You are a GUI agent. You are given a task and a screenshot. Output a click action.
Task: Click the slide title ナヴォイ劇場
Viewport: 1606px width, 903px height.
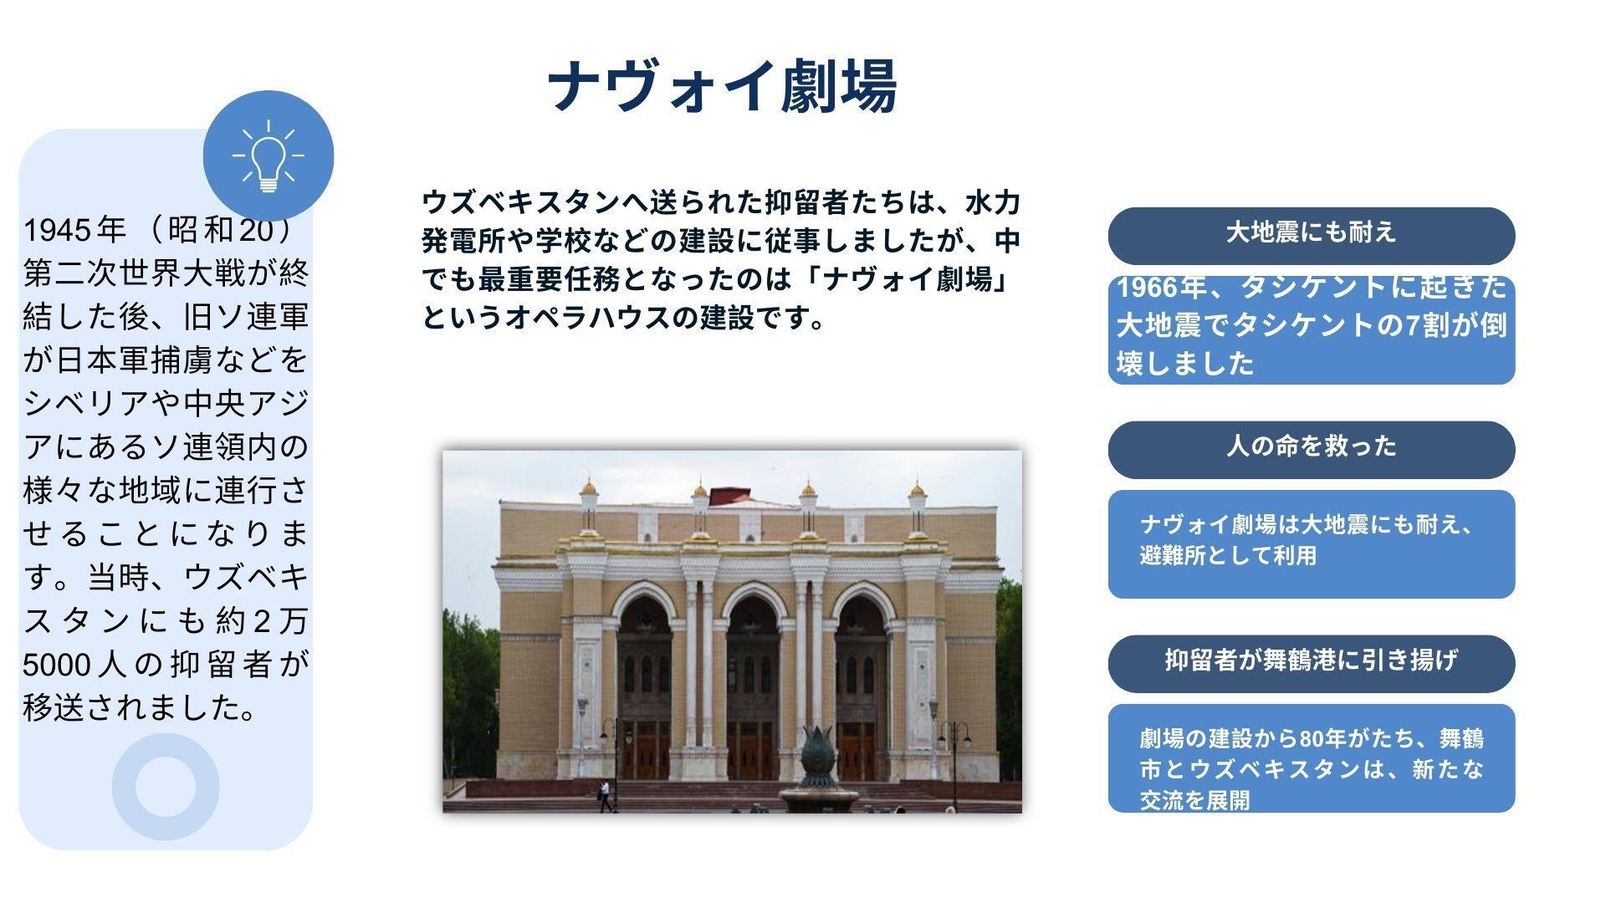[723, 85]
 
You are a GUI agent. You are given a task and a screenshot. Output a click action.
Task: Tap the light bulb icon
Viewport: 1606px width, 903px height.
[269, 156]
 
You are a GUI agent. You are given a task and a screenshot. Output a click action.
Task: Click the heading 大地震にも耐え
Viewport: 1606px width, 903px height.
[1311, 232]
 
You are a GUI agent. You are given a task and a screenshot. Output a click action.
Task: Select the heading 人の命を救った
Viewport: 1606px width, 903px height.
[1311, 446]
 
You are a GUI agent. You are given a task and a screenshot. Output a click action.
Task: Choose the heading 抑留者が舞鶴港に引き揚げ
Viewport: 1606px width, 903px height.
[1311, 660]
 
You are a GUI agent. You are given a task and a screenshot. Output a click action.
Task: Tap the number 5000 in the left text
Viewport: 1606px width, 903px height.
[56, 665]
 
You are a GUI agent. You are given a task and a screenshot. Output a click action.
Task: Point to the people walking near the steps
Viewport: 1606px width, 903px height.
[605, 796]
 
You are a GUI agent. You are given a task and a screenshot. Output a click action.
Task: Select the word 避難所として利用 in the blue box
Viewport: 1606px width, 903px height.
[1228, 556]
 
